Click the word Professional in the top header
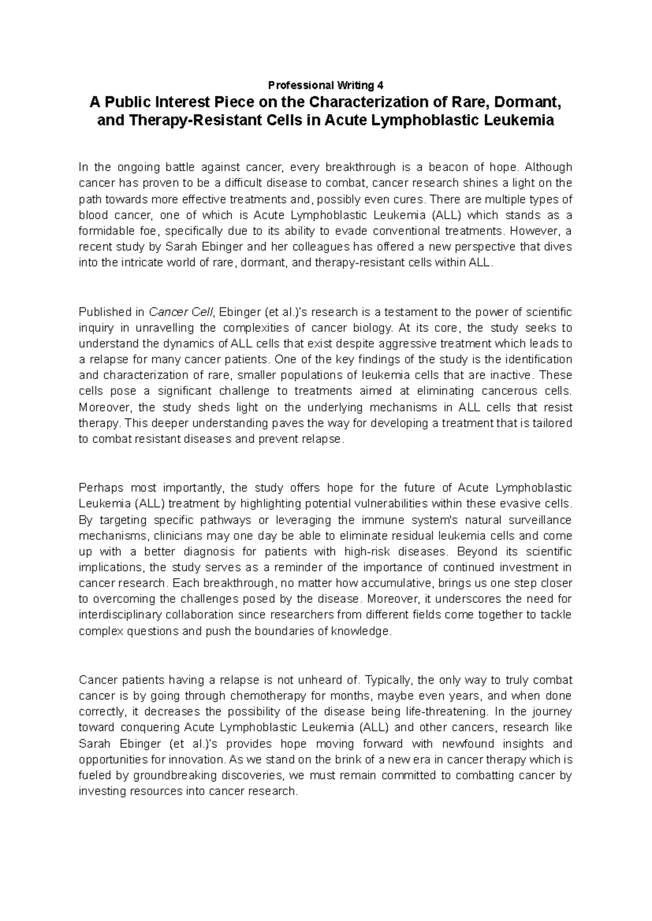point(293,85)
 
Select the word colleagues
point(317,247)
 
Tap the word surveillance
point(537,520)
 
